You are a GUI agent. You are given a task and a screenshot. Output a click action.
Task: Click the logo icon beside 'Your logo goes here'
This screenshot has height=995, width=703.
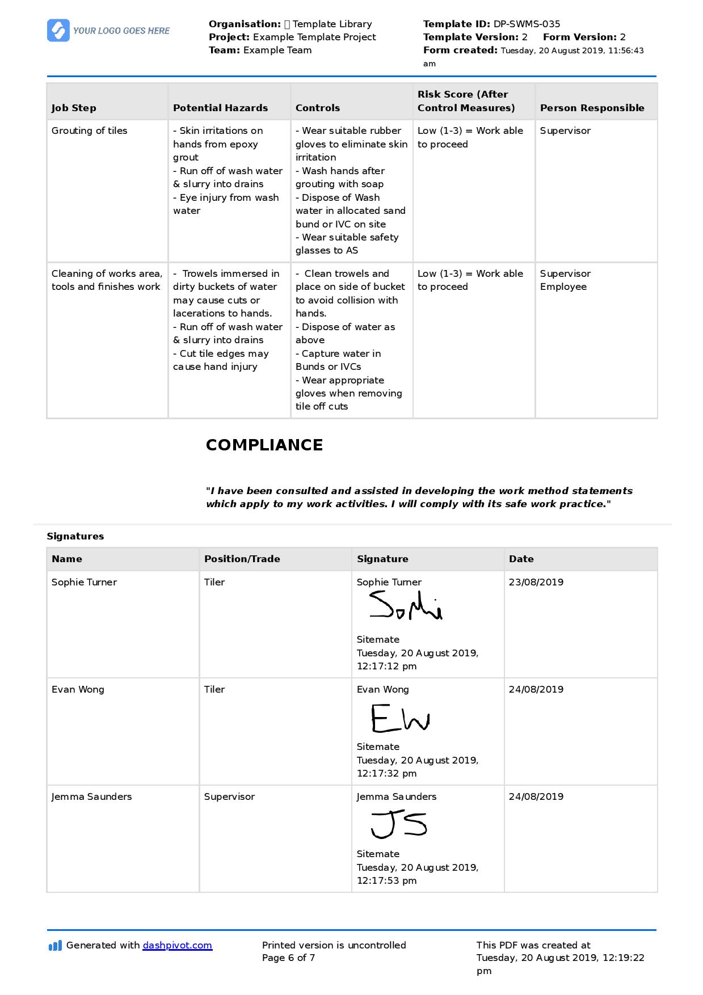tap(58, 31)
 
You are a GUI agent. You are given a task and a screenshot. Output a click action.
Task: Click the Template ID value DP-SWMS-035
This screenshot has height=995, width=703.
tap(527, 24)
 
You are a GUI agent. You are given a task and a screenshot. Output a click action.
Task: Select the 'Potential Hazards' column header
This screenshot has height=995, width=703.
tap(220, 108)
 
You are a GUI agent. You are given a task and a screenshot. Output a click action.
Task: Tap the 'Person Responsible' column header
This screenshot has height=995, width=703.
tap(592, 108)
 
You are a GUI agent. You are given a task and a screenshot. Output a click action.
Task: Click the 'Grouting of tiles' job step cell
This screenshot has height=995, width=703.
tap(90, 130)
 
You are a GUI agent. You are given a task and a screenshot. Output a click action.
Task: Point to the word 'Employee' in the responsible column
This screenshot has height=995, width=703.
tap(563, 286)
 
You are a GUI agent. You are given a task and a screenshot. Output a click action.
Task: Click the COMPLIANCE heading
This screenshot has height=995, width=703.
tap(264, 445)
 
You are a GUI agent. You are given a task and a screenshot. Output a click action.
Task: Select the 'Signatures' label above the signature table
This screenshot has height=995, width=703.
tap(75, 536)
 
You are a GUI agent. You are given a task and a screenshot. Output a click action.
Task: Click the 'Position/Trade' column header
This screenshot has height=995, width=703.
tap(242, 559)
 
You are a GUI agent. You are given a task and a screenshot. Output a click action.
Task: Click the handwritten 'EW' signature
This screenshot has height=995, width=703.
tap(400, 719)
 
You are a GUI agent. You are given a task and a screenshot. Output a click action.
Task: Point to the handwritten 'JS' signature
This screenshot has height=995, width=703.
tap(399, 825)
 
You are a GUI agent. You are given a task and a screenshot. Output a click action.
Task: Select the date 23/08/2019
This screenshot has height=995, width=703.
tap(536, 582)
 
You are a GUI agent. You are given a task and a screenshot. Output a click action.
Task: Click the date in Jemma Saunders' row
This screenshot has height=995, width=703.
tap(536, 796)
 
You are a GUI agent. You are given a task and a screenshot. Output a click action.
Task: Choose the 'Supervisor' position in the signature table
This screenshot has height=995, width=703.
tap(229, 796)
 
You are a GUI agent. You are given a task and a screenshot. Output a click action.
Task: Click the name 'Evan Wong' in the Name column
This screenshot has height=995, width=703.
tap(78, 689)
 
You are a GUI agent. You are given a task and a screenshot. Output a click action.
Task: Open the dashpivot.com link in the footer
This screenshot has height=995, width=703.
tap(178, 945)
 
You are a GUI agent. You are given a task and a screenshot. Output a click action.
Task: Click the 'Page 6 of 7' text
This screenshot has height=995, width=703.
tap(289, 958)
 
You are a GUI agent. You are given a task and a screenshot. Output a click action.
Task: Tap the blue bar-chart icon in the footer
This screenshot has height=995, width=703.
tap(55, 946)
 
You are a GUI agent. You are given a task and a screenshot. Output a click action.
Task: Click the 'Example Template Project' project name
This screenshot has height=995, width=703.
tap(314, 37)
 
